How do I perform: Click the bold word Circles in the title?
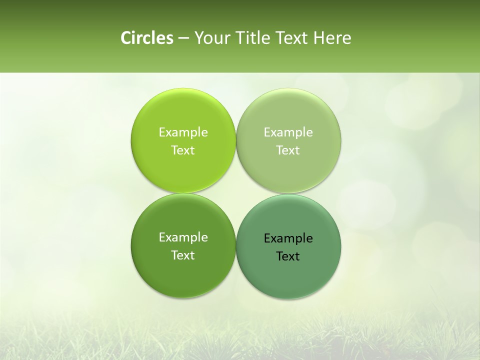pos(146,38)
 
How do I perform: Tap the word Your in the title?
pos(209,38)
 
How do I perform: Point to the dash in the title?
pos(183,38)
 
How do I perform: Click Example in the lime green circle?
pos(183,132)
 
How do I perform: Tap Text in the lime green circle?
pos(183,150)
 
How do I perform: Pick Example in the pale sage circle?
pos(288,132)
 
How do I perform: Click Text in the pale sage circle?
pos(288,150)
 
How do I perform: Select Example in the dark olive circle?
pos(183,237)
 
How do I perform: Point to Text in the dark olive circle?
pos(183,255)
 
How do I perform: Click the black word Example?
pos(288,238)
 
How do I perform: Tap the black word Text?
pos(288,256)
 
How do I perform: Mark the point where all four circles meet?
pos(235,193)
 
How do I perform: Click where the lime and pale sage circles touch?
pos(235,140)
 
